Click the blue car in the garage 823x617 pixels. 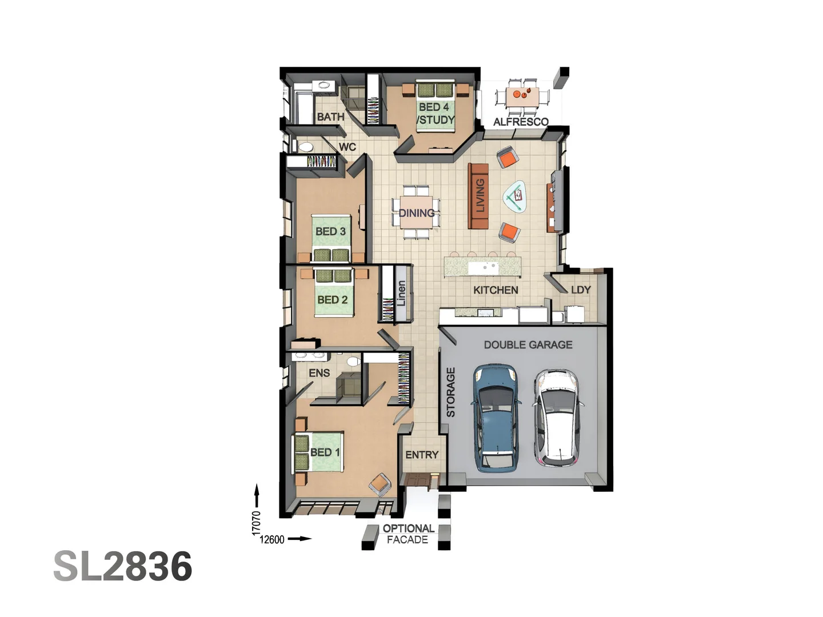point(496,418)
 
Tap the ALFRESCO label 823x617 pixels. point(521,122)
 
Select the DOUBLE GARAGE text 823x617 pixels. point(528,344)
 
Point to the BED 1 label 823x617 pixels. point(325,452)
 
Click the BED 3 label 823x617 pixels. point(330,231)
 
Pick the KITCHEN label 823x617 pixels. point(496,290)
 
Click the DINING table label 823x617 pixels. point(416,213)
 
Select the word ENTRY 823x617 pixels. point(422,455)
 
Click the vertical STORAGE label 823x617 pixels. point(450,392)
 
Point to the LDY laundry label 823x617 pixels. point(581,290)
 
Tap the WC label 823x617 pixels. point(347,147)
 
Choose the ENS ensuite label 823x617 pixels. point(319,373)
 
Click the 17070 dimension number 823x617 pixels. point(256,523)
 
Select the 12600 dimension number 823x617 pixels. point(272,539)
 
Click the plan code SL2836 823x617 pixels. point(123,567)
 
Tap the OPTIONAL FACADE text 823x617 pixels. point(407,534)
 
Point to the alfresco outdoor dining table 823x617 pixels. point(522,95)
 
